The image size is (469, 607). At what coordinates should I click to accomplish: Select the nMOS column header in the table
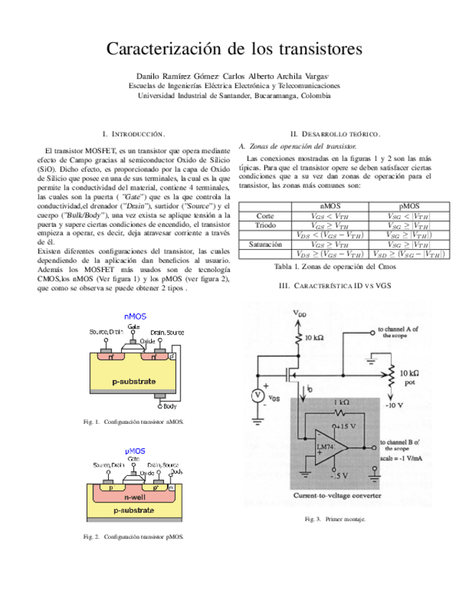[330, 205]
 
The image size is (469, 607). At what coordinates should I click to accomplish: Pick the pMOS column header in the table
[409, 205]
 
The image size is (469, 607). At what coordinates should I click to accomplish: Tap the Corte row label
[264, 215]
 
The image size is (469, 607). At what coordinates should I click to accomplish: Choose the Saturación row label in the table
[264, 244]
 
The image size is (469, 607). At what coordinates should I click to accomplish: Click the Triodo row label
[264, 225]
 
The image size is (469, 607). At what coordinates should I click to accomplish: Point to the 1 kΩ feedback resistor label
[342, 403]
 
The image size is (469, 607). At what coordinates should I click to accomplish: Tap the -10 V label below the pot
[395, 406]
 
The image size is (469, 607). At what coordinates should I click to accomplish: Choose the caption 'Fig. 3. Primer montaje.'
[334, 519]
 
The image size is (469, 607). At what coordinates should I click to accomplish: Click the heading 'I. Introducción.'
[135, 134]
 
